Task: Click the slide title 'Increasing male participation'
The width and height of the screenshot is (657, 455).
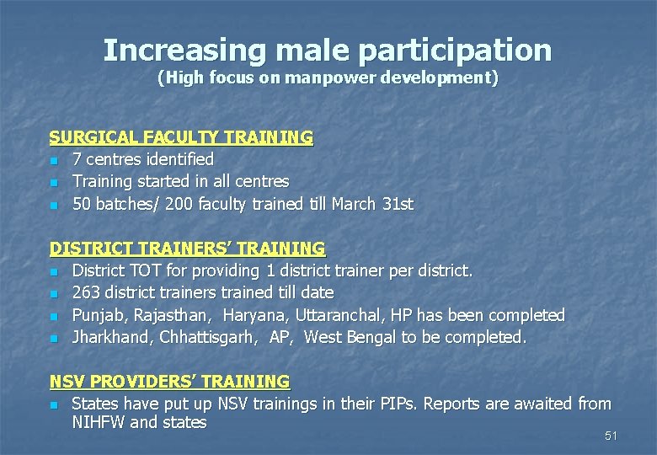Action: point(328,50)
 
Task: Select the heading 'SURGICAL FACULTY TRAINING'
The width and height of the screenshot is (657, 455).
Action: point(181,136)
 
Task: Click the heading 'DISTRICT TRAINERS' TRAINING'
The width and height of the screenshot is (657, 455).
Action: point(187,249)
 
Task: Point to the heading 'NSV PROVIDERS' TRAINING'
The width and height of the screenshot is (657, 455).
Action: point(169,382)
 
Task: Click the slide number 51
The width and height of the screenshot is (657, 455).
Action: point(612,436)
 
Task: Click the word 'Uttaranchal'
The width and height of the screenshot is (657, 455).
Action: point(337,315)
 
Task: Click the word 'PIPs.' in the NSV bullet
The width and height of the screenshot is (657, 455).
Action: point(396,404)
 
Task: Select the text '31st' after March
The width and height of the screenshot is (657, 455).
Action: point(397,204)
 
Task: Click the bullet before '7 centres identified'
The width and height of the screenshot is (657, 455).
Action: point(53,160)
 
